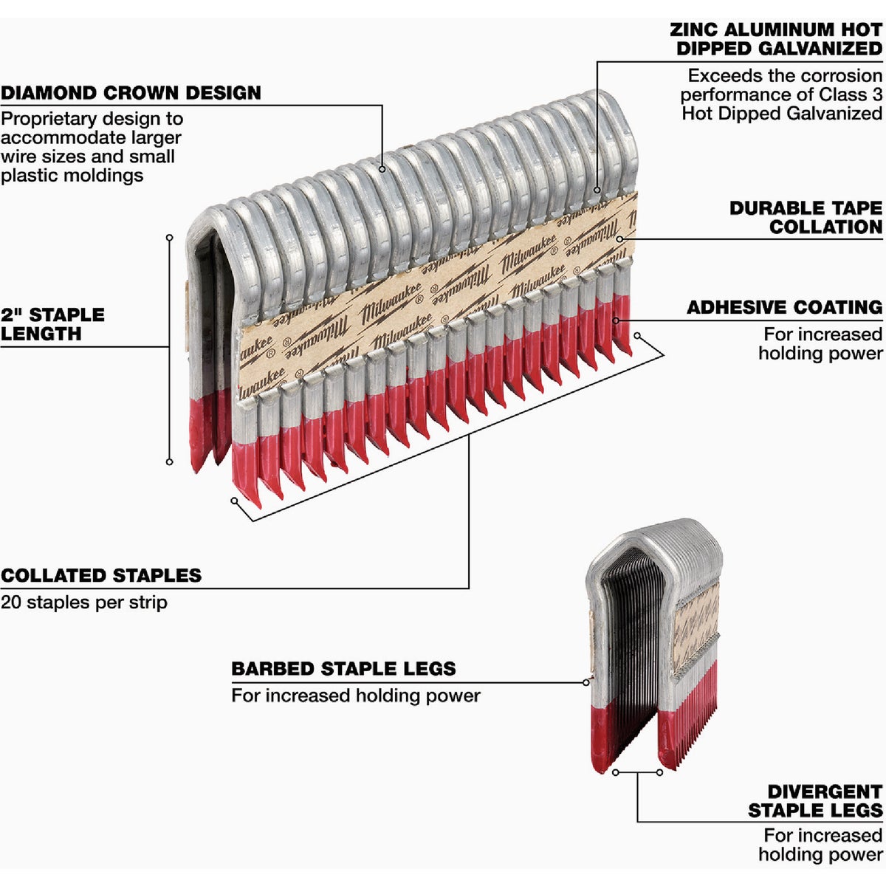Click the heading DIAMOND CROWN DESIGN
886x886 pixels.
pos(131,93)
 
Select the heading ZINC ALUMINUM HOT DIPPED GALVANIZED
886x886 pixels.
pos(777,39)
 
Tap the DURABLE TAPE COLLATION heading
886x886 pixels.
pos(806,218)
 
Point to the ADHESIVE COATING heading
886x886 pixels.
pos(785,307)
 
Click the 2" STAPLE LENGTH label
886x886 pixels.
pos(52,324)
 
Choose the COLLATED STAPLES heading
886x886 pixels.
pos(101,576)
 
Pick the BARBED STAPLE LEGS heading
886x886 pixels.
pos(343,669)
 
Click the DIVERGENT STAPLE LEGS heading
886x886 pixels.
pos(816,801)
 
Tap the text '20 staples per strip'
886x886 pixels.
pos(84,602)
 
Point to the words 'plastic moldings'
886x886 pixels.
pos(72,176)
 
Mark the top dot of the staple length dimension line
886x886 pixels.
pos(169,238)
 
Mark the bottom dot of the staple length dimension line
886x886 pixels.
pos(169,462)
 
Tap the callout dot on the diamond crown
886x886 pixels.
pos(382,169)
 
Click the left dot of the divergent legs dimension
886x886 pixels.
pos(615,772)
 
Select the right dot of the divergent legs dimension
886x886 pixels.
pos(659,772)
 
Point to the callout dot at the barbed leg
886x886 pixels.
pos(588,682)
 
